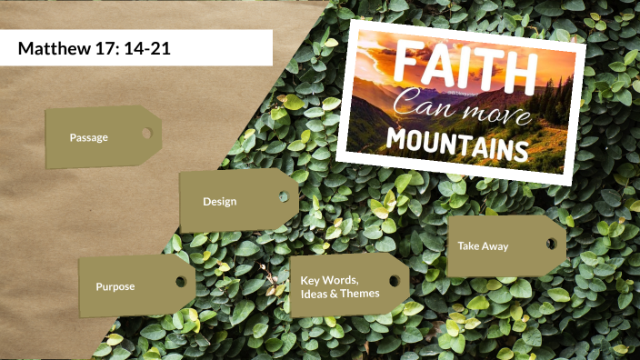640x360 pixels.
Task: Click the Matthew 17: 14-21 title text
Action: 95,48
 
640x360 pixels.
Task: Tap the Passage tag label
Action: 88,137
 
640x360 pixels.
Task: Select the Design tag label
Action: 219,201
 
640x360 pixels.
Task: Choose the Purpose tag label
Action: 115,286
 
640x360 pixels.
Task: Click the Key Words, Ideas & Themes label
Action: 340,285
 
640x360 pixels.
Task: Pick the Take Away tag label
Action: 483,245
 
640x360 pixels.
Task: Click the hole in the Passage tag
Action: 145,134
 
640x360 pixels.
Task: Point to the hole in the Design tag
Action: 283,196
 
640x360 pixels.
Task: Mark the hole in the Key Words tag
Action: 395,279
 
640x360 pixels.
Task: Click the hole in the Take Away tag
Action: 551,241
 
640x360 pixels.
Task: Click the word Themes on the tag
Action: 360,293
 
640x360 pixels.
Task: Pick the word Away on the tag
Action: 495,245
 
